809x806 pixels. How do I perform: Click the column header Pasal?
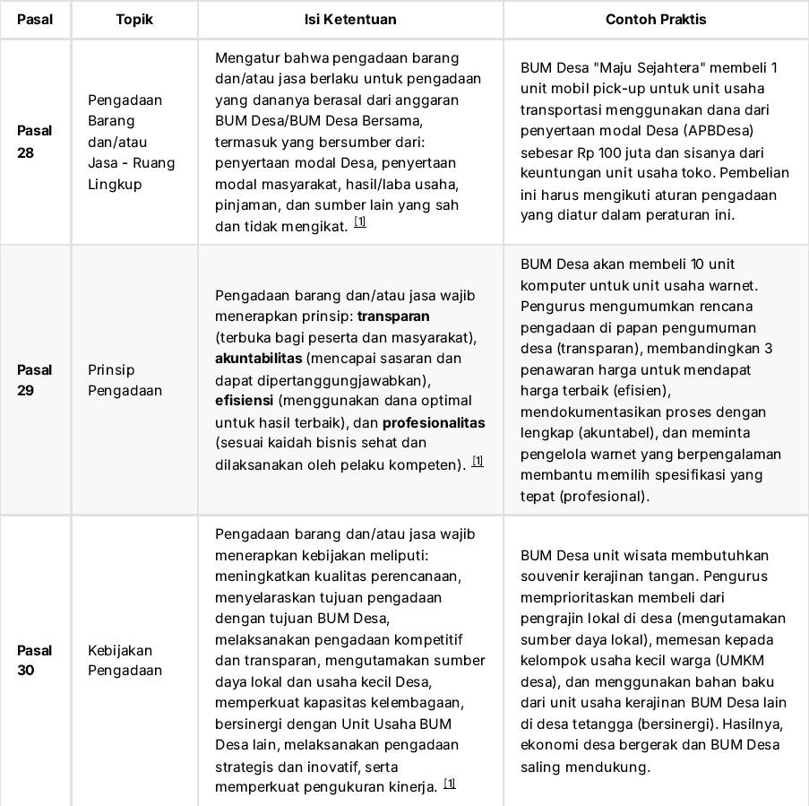pos(35,19)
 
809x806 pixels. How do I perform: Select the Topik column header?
pos(134,19)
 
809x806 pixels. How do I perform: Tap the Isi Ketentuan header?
pos(350,19)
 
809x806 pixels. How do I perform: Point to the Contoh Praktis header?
pos(656,19)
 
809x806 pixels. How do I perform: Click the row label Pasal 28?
pos(35,142)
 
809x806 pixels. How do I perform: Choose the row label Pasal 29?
pos(35,380)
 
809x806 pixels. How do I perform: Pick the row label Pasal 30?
pos(35,660)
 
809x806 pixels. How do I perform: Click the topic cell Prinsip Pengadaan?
pos(125,380)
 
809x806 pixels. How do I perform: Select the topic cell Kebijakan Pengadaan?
pos(125,660)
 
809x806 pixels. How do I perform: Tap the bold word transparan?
pos(393,316)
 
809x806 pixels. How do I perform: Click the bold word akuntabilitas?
pos(258,359)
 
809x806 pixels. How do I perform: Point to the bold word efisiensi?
pos(245,401)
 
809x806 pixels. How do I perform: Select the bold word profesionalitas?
pos(434,422)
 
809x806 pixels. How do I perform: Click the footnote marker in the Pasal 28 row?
pos(360,222)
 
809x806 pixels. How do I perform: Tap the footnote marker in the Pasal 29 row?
pos(478,462)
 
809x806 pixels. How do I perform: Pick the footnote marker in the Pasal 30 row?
pos(450,784)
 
